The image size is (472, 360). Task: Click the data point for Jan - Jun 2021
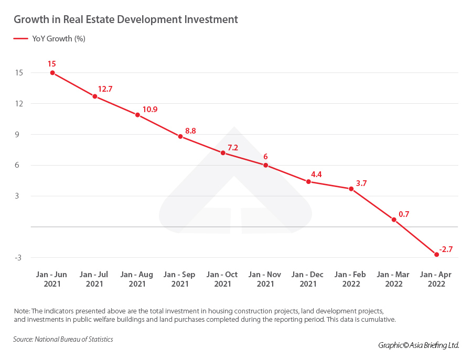pos(52,73)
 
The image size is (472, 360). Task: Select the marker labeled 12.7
pos(95,96)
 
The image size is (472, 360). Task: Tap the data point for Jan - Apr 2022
pos(436,255)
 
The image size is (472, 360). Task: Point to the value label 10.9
pos(150,110)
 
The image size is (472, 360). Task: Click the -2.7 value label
pos(445,249)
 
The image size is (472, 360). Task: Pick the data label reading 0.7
pos(404,214)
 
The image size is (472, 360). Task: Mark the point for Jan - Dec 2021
pos(308,182)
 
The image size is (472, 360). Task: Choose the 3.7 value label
pos(361,183)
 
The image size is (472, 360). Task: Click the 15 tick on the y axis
pos(19,73)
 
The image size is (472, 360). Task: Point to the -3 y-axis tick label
pos(18,258)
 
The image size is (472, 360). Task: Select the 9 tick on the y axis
pos(19,135)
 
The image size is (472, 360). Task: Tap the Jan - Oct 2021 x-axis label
pos(222,279)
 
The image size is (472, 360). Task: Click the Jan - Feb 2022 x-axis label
pos(351,279)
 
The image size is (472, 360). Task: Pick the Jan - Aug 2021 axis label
pos(137,279)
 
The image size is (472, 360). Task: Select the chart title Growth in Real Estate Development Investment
pos(126,19)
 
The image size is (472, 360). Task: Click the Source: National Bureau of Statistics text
pos(63,340)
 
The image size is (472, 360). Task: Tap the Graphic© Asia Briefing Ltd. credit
pos(419,345)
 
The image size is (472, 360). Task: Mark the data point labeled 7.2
pos(223,153)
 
